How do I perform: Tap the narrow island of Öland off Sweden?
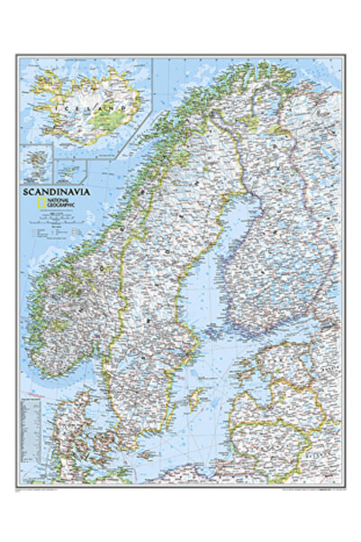[173, 418]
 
